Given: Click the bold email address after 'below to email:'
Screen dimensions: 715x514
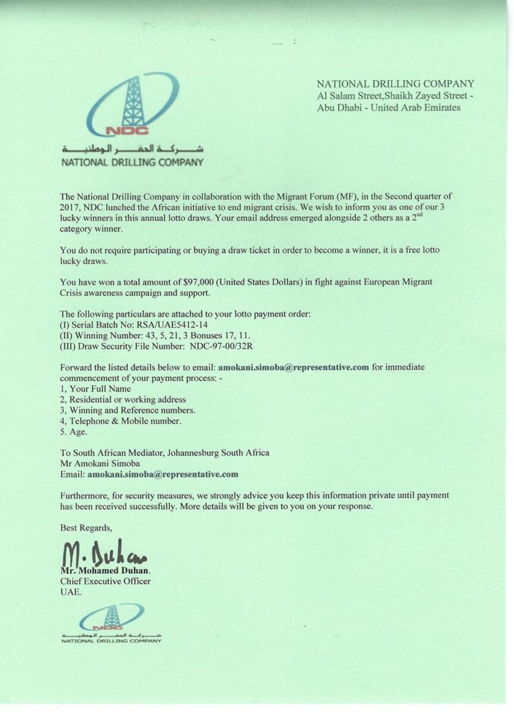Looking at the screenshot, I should click(x=294, y=367).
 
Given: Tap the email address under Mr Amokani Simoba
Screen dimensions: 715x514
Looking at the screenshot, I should click(x=163, y=475).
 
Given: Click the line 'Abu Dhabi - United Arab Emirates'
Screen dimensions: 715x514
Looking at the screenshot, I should click(x=388, y=108).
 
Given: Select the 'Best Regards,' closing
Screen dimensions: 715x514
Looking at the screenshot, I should click(x=86, y=527).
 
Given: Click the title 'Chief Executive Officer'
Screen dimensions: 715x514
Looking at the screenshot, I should click(x=106, y=581).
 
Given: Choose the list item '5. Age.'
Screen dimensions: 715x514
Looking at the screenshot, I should click(x=75, y=432).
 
